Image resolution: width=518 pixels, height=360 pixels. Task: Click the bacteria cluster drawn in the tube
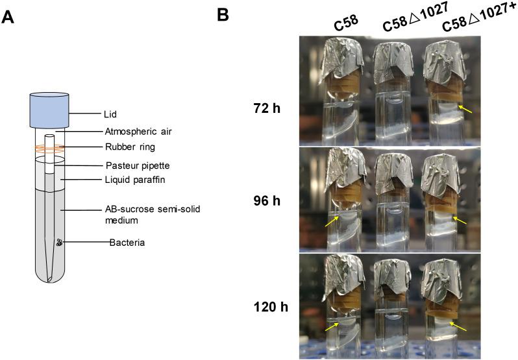click(x=60, y=243)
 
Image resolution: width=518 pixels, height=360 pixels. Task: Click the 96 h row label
click(x=267, y=201)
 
